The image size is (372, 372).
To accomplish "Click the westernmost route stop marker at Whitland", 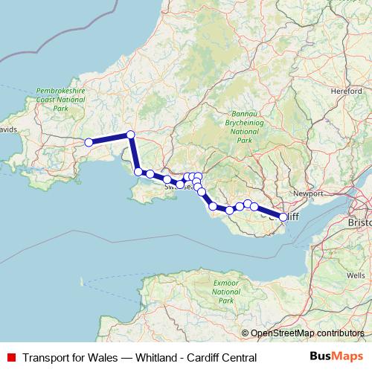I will click(x=89, y=142).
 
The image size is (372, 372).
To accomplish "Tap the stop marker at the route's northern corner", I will click(x=130, y=135).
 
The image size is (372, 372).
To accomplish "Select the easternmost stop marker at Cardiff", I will click(x=283, y=217).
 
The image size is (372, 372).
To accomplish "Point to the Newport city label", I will click(x=309, y=193).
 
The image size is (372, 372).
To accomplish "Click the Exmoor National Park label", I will click(x=223, y=291).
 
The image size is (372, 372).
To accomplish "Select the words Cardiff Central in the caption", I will click(x=219, y=358).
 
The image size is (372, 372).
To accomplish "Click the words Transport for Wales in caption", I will click(x=69, y=358).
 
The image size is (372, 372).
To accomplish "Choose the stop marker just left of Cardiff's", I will click(x=254, y=207).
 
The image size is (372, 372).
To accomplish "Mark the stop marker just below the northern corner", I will click(x=138, y=172).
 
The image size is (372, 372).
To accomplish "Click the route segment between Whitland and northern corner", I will click(x=109, y=138).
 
